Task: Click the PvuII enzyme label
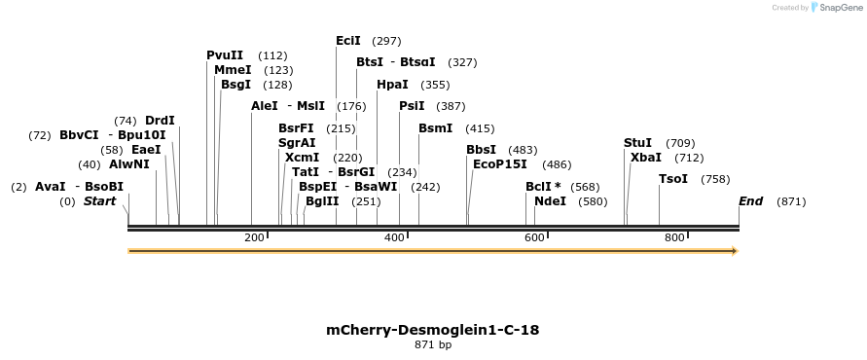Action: pyautogui.click(x=225, y=55)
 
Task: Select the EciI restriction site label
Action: pyautogui.click(x=347, y=41)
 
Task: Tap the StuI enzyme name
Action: pyautogui.click(x=637, y=143)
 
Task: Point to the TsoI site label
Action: pyautogui.click(x=672, y=179)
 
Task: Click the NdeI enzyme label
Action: pyautogui.click(x=550, y=201)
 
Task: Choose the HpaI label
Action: pyautogui.click(x=392, y=85)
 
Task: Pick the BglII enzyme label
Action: pyautogui.click(x=322, y=201)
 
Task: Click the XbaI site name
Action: pyautogui.click(x=645, y=158)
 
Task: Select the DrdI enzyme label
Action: pyautogui.click(x=160, y=121)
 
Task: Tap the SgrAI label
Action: pyautogui.click(x=297, y=143)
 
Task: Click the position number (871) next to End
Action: pyautogui.click(x=791, y=201)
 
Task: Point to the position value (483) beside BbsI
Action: pyautogui.click(x=523, y=150)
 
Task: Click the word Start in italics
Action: pyautogui.click(x=99, y=201)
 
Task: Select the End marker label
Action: pyautogui.click(x=750, y=201)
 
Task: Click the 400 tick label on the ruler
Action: pyautogui.click(x=394, y=238)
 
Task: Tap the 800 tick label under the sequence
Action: pyautogui.click(x=674, y=238)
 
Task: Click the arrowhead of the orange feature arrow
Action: pyautogui.click(x=735, y=251)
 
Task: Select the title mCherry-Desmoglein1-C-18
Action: pyautogui.click(x=432, y=330)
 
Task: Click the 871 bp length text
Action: pyautogui.click(x=432, y=344)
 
